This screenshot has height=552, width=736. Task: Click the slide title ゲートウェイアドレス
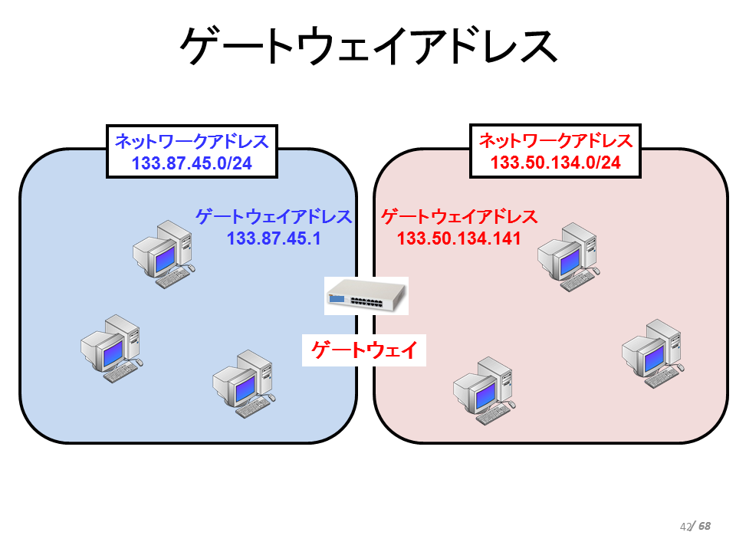369,45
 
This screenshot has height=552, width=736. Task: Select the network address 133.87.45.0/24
192,163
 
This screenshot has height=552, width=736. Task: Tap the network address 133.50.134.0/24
556,163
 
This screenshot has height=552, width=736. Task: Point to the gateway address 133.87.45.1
274,238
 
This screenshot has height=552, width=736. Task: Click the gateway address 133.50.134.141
459,238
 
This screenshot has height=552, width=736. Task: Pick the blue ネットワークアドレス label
192,141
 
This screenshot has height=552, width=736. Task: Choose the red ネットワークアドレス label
556,140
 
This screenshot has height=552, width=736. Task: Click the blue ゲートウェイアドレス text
274,217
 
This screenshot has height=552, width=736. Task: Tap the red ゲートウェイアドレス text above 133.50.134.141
459,217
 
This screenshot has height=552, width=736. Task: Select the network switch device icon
366,296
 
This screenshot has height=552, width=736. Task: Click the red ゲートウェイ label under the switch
364,350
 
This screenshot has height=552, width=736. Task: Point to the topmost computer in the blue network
164,255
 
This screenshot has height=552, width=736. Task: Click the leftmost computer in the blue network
112,349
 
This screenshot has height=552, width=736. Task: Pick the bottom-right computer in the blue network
244,384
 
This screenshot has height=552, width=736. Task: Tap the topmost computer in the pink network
568,258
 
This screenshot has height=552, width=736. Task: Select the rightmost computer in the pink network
653,354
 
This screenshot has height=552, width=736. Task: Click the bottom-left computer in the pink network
485,391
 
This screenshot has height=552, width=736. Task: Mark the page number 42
685,527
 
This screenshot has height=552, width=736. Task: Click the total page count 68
704,526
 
